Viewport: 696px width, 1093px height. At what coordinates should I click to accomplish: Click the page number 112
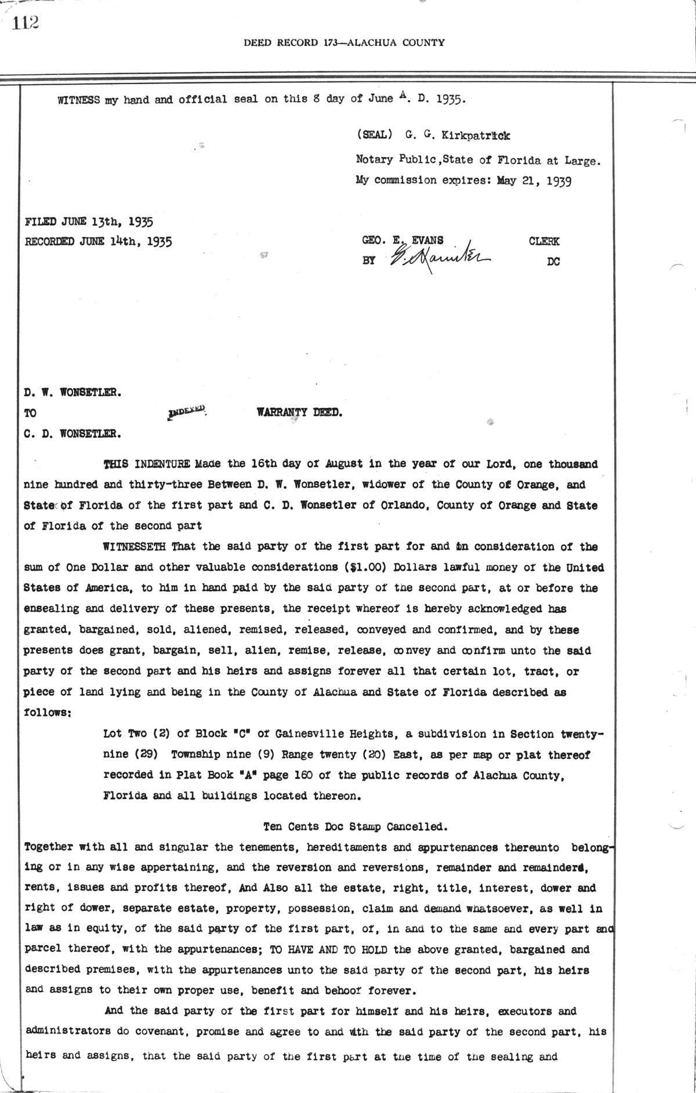click(25, 22)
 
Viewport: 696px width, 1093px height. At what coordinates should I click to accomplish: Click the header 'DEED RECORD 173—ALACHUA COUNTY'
click(345, 42)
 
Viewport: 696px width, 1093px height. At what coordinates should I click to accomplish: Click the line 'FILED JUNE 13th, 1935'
click(89, 221)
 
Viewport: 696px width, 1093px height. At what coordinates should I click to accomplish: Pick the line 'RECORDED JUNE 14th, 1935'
click(98, 241)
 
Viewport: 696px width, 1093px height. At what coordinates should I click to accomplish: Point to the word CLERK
click(544, 241)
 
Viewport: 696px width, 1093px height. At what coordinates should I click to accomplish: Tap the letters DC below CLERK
click(553, 262)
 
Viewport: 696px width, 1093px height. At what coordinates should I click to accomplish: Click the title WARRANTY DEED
click(300, 413)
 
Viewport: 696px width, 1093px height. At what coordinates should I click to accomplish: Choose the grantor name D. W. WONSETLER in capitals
click(72, 392)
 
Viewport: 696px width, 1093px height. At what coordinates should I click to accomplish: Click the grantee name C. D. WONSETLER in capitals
click(72, 433)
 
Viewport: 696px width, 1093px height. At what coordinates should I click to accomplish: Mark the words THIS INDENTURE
click(146, 464)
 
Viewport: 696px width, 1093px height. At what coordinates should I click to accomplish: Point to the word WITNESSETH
click(135, 546)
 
